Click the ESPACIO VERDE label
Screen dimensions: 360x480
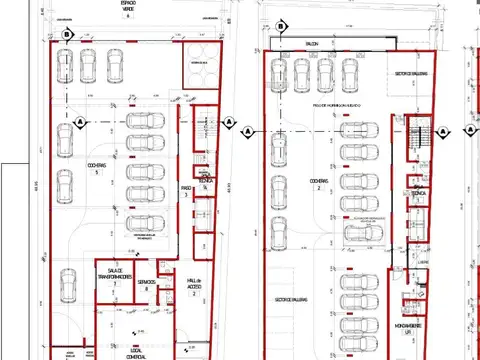tap(128, 9)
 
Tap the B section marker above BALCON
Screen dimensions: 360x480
tap(282, 27)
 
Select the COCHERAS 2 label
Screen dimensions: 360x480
tap(318, 184)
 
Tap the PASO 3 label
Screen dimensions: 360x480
tap(186, 190)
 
